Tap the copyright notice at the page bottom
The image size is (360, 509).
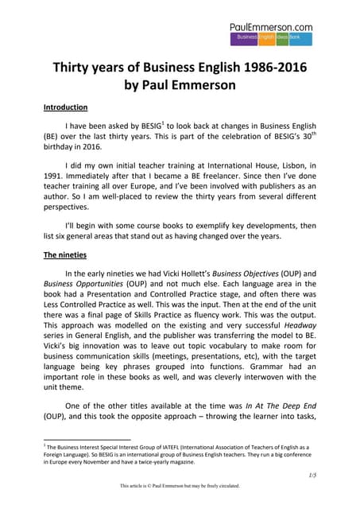point(179,486)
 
